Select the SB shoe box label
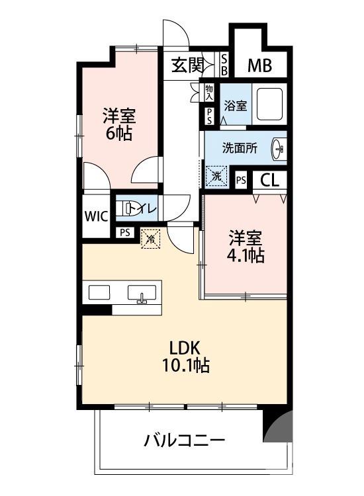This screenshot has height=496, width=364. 224,65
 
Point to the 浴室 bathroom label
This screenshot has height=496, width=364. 235,104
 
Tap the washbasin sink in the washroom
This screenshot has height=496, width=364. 278,150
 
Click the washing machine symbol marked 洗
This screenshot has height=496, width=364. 216,176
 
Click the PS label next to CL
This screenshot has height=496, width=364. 241,179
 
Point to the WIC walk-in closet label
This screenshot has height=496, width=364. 95,216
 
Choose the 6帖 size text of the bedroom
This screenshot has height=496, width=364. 119,134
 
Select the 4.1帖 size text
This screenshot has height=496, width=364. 247,256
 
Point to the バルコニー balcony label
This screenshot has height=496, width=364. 185,440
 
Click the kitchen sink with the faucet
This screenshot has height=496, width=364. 142,293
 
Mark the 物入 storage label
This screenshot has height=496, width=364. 209,91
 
